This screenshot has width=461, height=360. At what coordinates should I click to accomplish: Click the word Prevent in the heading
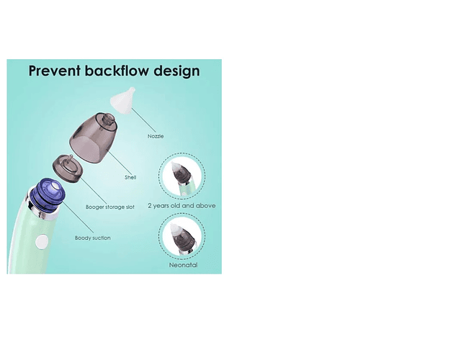point(53,71)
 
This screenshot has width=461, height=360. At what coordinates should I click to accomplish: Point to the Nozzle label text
point(156,135)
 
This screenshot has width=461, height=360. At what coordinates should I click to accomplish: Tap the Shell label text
point(130,176)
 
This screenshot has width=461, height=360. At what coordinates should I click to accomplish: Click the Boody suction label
point(92,238)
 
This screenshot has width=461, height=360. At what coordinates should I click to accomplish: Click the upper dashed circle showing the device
point(182,175)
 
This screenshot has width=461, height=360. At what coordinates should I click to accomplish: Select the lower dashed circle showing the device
point(182,236)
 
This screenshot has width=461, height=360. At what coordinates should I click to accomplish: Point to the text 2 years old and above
point(182,205)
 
